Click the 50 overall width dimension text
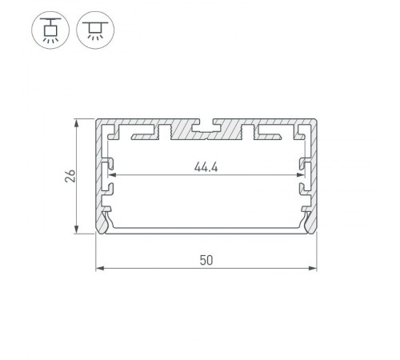tap(206, 260)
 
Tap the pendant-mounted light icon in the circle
tap(50, 31)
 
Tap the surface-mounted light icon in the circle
tap(95, 31)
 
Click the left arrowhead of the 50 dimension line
tap(99, 268)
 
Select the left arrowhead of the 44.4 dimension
tap(111, 174)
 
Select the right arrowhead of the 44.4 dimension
tap(302, 174)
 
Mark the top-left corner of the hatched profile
tap(97, 122)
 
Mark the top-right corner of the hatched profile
tap(316, 122)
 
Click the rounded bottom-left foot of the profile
tap(102, 228)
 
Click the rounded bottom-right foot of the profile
tap(311, 228)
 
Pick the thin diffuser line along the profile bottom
tap(206, 230)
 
